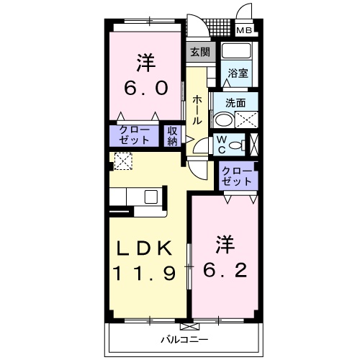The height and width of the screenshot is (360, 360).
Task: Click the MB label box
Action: point(246,30)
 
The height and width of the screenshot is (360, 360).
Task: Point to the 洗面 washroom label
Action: point(235,102)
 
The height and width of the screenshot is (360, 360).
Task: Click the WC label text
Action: point(222,144)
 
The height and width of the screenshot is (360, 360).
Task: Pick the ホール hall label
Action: point(197,111)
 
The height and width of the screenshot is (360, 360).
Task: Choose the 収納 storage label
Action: point(172,135)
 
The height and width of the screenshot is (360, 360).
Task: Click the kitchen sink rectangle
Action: point(152,197)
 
